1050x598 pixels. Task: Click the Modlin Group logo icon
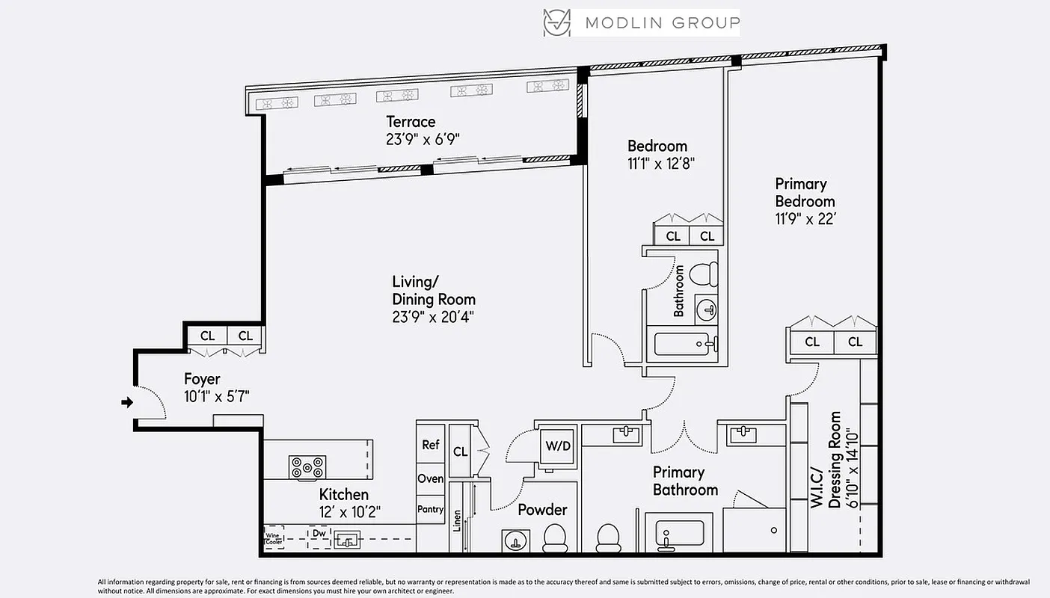point(556,22)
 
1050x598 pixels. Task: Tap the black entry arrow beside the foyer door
point(127,402)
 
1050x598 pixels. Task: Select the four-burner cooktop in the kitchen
point(307,467)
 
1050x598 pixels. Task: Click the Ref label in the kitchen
point(431,445)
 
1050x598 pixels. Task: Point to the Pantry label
point(431,509)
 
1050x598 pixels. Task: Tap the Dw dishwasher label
point(319,534)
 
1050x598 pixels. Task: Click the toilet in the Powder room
point(554,537)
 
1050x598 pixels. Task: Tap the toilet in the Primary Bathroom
point(608,537)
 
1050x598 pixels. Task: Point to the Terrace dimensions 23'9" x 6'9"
point(422,138)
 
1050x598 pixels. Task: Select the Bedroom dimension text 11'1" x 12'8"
point(661,164)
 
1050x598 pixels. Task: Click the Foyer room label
point(202,379)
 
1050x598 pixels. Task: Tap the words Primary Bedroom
point(804,192)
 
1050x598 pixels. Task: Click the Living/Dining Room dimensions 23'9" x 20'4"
point(433,316)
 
